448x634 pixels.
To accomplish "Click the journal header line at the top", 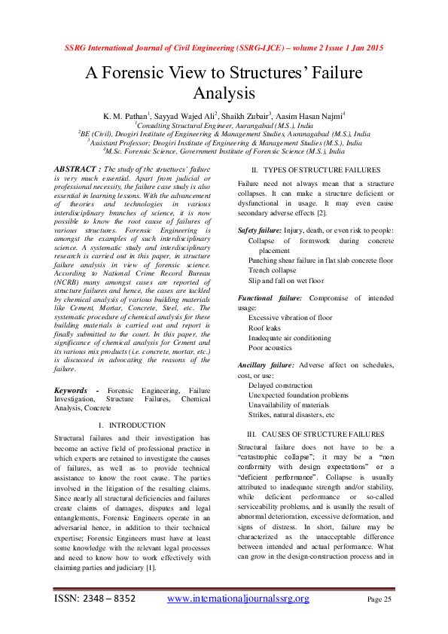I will click(x=223, y=48).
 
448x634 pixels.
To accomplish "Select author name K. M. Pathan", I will click(x=125, y=116).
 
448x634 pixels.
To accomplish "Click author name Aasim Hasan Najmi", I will click(x=313, y=116).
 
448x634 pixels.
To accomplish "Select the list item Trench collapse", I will click(x=272, y=270).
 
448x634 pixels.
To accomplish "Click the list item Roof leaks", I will click(x=265, y=328).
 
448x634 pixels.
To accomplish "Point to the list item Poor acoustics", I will click(x=270, y=349).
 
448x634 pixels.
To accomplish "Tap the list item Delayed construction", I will click(x=280, y=385).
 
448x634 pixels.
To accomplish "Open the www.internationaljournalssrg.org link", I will click(x=238, y=599).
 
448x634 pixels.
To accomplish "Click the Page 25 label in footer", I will click(x=379, y=599).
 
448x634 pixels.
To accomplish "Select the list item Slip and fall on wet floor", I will click(x=286, y=281).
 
